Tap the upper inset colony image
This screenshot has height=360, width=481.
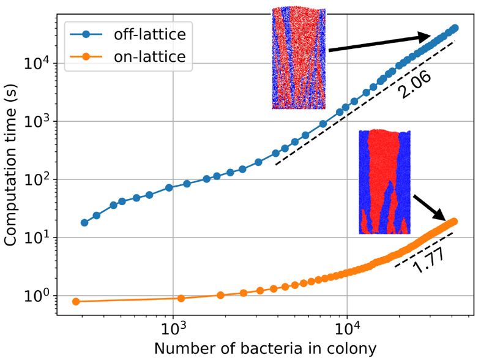(299, 58)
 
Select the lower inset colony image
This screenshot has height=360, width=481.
(384, 182)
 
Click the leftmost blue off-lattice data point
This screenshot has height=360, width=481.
(84, 223)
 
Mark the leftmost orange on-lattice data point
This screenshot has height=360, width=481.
(76, 301)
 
